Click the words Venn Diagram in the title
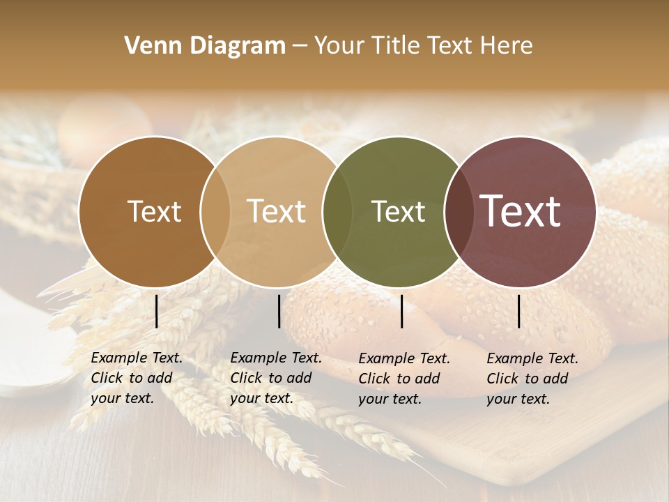205,46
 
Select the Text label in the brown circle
154,211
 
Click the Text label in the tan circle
277,211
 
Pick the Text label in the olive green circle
398,211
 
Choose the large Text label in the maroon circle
521,211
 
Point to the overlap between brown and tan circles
215,211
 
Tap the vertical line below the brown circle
156,311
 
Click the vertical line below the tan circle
279,311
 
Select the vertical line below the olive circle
401,311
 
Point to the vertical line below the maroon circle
518,311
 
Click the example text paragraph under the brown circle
137,379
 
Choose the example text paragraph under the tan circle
276,379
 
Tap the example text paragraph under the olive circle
404,379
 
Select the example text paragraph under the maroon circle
532,379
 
